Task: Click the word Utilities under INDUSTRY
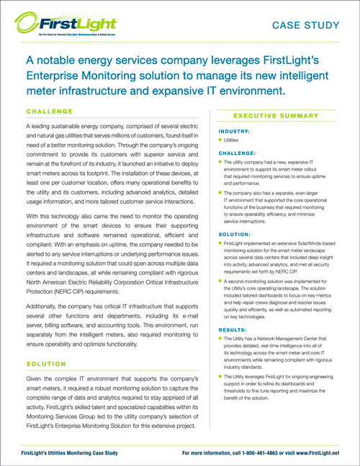pyautogui.click(x=238, y=141)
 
